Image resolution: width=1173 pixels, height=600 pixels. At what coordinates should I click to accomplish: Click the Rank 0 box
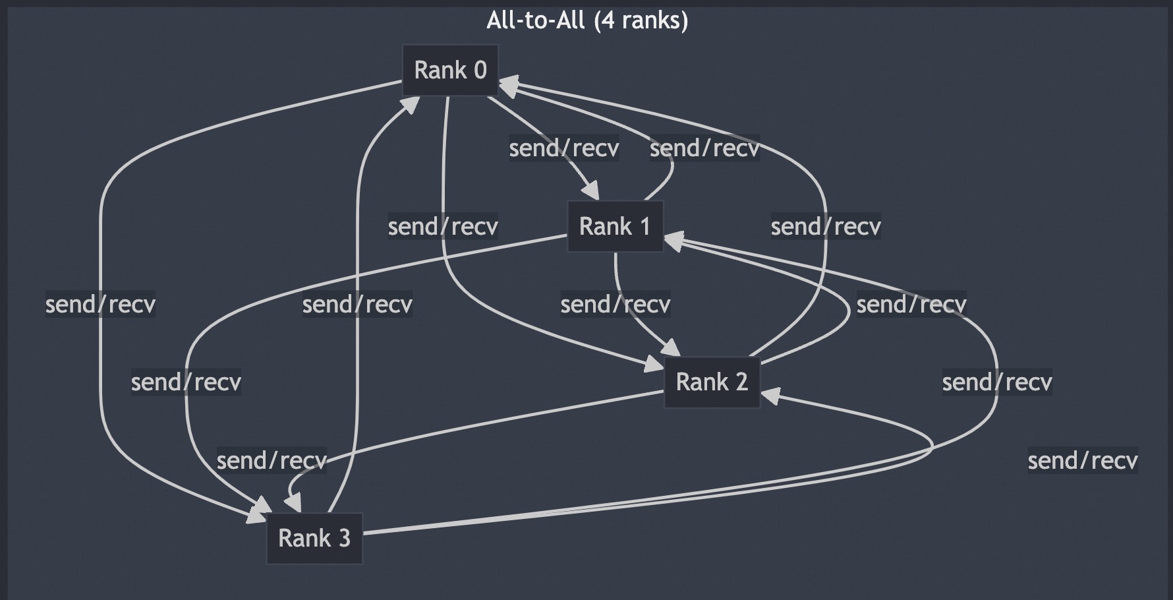(451, 70)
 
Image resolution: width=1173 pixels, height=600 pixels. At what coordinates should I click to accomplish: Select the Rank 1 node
(615, 226)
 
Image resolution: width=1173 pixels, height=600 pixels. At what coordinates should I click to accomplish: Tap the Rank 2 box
(712, 382)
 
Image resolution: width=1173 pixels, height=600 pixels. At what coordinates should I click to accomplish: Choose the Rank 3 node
(314, 538)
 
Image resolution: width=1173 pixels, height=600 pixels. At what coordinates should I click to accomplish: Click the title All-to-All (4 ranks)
(587, 20)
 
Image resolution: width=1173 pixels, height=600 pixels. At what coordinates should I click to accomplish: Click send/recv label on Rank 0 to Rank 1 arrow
(564, 148)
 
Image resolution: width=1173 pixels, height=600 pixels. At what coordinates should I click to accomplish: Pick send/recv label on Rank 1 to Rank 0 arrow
(704, 148)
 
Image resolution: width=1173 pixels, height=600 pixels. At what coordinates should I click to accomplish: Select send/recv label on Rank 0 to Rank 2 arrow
(443, 226)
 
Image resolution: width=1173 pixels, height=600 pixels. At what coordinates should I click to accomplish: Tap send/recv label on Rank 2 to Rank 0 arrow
(826, 226)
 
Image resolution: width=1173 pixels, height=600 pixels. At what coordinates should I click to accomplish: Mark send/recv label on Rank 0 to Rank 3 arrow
(100, 304)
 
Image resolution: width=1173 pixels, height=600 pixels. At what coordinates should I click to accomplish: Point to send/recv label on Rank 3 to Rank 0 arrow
(357, 304)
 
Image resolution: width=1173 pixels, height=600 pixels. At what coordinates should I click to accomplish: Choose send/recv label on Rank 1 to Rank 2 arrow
(615, 304)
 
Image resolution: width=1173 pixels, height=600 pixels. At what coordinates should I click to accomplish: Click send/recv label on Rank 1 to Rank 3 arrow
(186, 382)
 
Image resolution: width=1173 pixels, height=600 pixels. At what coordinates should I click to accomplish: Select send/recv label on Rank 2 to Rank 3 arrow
(272, 460)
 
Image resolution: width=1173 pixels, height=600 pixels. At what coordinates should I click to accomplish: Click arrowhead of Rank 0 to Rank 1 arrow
(592, 192)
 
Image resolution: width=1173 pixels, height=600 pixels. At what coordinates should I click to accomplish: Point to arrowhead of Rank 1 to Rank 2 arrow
(672, 348)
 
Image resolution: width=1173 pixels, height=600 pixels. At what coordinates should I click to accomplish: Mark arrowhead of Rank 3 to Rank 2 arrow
(770, 396)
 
